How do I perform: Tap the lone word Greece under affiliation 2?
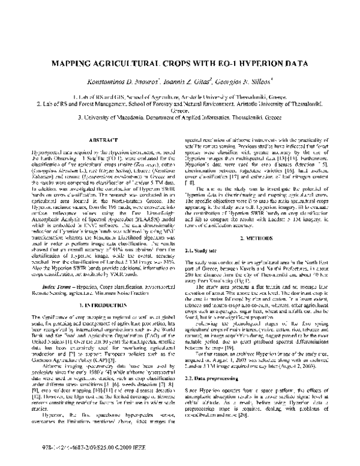tap(179, 111)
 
